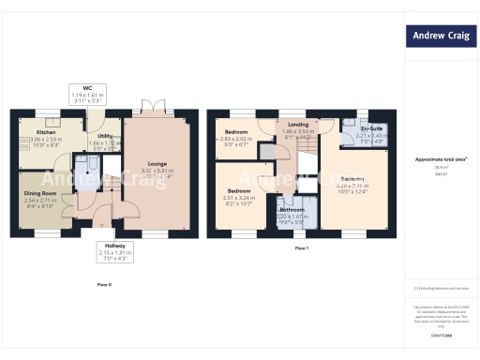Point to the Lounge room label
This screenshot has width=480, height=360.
coord(157,170)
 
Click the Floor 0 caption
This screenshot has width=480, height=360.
coord(105,284)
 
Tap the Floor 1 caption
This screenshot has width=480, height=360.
coord(302,249)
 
